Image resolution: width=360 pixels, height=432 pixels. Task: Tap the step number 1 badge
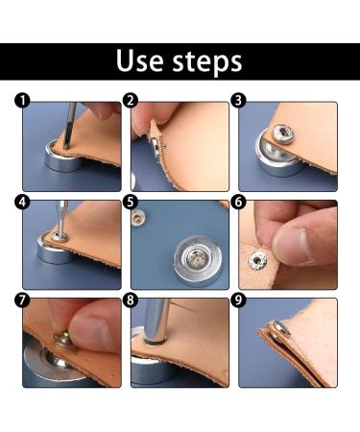pyautogui.click(x=22, y=101)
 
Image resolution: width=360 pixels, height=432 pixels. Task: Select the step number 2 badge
pyautogui.click(x=131, y=101)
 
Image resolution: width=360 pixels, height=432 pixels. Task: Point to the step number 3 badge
pyautogui.click(x=238, y=101)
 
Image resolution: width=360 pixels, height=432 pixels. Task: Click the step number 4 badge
pyautogui.click(x=22, y=202)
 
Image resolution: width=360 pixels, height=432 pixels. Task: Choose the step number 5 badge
pyautogui.click(x=131, y=202)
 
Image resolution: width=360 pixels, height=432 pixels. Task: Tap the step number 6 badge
pyautogui.click(x=238, y=202)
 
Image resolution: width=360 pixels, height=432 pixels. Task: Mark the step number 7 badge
pyautogui.click(x=22, y=300)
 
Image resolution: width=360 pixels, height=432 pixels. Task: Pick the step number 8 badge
pyautogui.click(x=131, y=300)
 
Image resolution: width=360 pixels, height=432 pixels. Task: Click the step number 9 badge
pyautogui.click(x=238, y=300)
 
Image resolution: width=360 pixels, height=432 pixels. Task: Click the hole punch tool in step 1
pyautogui.click(x=70, y=126)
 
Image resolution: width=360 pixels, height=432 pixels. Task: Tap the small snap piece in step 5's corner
pyautogui.click(x=138, y=219)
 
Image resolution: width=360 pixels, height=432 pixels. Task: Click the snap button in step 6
pyautogui.click(x=258, y=260)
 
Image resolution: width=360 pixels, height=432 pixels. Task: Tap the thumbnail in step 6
pyautogui.click(x=293, y=247)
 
